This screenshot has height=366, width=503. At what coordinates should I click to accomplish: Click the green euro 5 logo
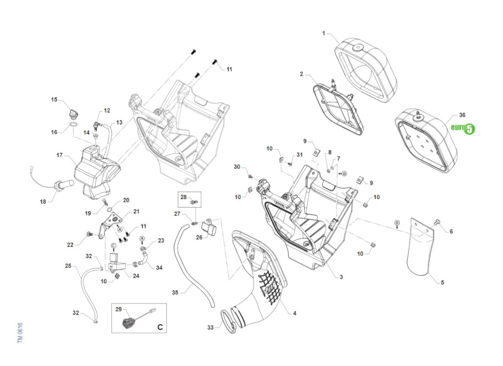(x=463, y=129)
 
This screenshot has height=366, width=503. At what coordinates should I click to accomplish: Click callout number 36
(x=462, y=115)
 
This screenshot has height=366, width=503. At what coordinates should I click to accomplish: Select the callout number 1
(x=324, y=33)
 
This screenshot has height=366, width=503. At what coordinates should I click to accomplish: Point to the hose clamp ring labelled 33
(x=228, y=320)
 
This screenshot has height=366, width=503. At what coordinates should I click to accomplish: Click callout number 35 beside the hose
(x=175, y=291)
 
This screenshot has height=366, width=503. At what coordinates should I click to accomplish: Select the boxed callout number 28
(x=183, y=198)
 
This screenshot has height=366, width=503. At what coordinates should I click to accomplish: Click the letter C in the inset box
(x=160, y=327)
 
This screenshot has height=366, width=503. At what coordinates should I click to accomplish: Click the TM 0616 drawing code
(x=20, y=333)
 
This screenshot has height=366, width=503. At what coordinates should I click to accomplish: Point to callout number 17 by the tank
(x=59, y=155)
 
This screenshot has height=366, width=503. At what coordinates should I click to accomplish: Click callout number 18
(x=43, y=202)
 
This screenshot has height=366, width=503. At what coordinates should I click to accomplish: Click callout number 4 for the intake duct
(x=294, y=313)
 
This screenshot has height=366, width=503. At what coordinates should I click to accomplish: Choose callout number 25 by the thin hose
(x=68, y=266)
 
